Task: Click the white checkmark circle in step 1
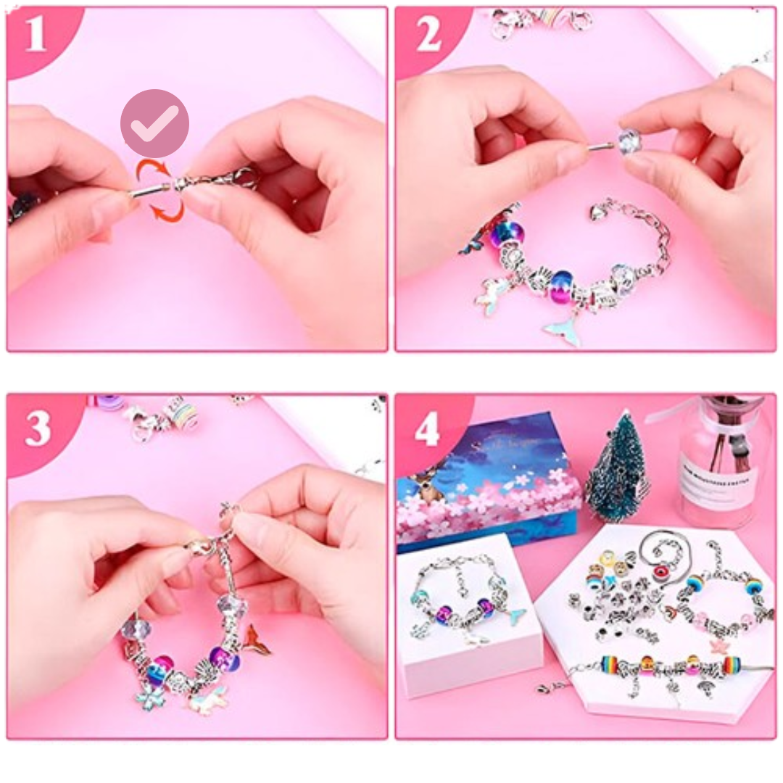[154, 124]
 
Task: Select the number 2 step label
[428, 36]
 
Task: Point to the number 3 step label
[38, 429]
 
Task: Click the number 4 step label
[427, 430]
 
